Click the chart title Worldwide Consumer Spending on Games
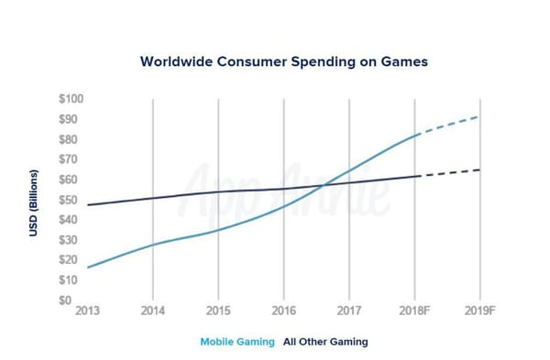coord(284,62)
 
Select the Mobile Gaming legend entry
coord(237,342)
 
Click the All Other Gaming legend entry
coord(325,342)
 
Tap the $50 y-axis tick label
coord(70,200)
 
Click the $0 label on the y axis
coord(73,300)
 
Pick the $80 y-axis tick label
coord(70,139)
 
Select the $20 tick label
coord(70,260)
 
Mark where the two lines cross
coord(323,185)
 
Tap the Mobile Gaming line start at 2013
coord(88,267)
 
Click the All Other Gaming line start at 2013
coord(88,204)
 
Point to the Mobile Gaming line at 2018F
coord(415,136)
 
